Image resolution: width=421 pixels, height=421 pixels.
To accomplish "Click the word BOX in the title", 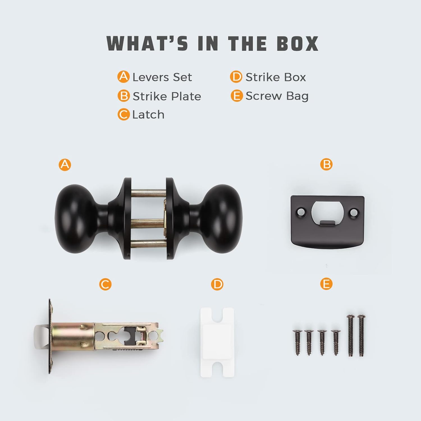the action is click(298, 44).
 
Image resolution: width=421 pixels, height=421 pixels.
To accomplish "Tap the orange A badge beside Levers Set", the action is click(123, 77).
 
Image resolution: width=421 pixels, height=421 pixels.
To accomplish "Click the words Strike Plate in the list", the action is click(167, 96).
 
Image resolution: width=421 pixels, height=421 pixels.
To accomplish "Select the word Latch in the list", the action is click(148, 115).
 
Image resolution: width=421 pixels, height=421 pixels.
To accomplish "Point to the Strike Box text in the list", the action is click(276, 77).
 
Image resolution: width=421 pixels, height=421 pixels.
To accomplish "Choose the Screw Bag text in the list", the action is click(277, 96).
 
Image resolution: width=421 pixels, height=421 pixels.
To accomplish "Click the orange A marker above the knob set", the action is click(65, 164).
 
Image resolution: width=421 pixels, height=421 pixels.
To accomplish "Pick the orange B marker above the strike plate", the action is click(326, 164).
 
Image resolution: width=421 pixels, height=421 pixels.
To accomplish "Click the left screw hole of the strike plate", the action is click(301, 210).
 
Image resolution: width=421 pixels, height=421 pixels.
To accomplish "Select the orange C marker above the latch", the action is click(105, 284).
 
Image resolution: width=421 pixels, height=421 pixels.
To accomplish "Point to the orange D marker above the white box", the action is click(217, 284).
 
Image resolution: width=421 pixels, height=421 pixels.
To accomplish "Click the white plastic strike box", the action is click(217, 342).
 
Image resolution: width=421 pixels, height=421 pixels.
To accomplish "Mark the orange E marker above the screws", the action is click(326, 284).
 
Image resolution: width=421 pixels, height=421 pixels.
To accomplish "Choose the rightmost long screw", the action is click(361, 336).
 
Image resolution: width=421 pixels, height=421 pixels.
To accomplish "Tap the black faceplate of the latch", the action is click(50, 336).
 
